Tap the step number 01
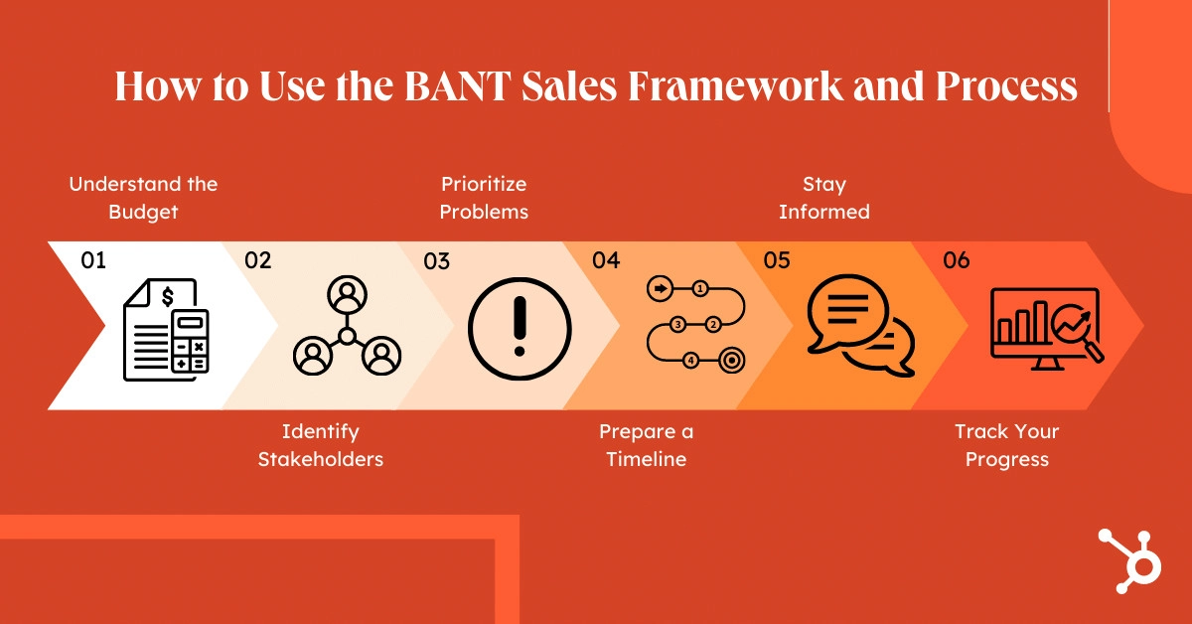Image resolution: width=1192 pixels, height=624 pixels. point(93,261)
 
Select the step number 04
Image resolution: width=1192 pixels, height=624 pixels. point(606,261)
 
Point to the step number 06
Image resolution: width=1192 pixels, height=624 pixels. point(957,261)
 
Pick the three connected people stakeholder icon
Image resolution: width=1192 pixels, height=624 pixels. point(347,327)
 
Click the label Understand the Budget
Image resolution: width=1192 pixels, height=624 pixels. point(143,197)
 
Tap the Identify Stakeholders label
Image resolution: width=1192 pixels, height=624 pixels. point(320,445)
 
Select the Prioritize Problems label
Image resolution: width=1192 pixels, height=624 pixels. point(484,197)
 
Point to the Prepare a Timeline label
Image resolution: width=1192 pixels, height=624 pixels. point(646,445)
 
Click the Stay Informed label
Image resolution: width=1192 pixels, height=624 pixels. point(824,197)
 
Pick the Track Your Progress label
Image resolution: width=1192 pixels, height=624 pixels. point(1006,445)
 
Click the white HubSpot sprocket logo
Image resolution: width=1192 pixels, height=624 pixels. point(1130,562)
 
